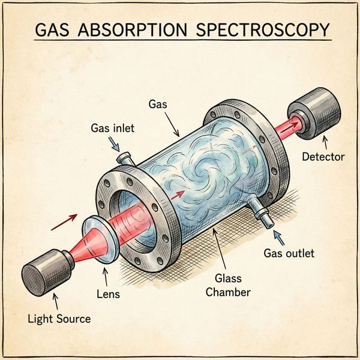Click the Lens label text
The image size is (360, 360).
[x=108, y=294]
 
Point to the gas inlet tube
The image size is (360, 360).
[x=125, y=158]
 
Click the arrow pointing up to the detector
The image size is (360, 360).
[x=325, y=143]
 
